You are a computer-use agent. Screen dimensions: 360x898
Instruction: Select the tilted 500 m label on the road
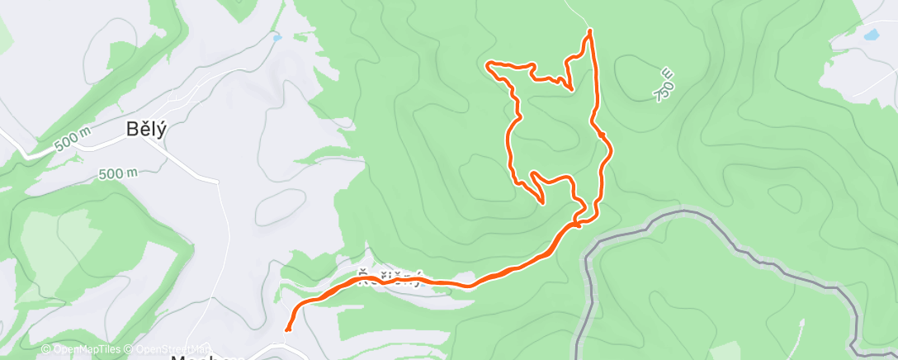tap(71, 142)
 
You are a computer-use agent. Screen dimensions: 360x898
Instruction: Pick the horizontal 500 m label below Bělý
tap(117, 173)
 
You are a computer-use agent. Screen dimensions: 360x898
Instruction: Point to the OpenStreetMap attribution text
tap(168, 350)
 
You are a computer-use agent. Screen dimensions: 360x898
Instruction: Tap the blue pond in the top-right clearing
tap(872, 36)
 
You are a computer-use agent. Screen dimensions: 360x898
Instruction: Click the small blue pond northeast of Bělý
tap(276, 37)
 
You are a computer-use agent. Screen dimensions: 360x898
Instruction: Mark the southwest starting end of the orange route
tap(287, 329)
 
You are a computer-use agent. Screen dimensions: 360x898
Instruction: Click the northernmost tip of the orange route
tap(590, 31)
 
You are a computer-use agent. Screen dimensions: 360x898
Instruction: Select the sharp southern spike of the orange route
tap(542, 201)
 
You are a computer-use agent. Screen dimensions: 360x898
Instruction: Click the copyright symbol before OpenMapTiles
tap(45, 350)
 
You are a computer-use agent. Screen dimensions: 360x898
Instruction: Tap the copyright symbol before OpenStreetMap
tap(130, 350)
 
